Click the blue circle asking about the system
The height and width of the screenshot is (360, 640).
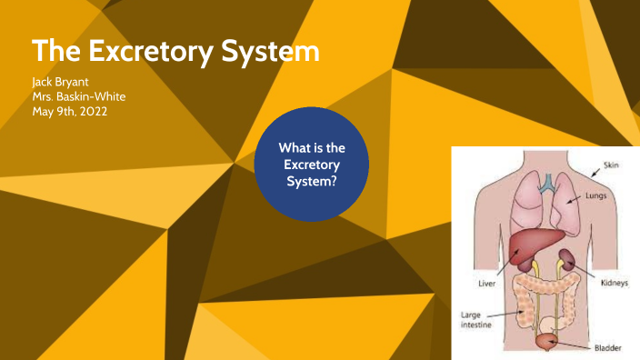click(312, 165)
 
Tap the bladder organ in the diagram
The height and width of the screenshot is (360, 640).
click(546, 341)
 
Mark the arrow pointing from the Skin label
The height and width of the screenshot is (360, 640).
click(583, 173)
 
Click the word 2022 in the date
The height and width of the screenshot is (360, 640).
click(101, 111)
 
